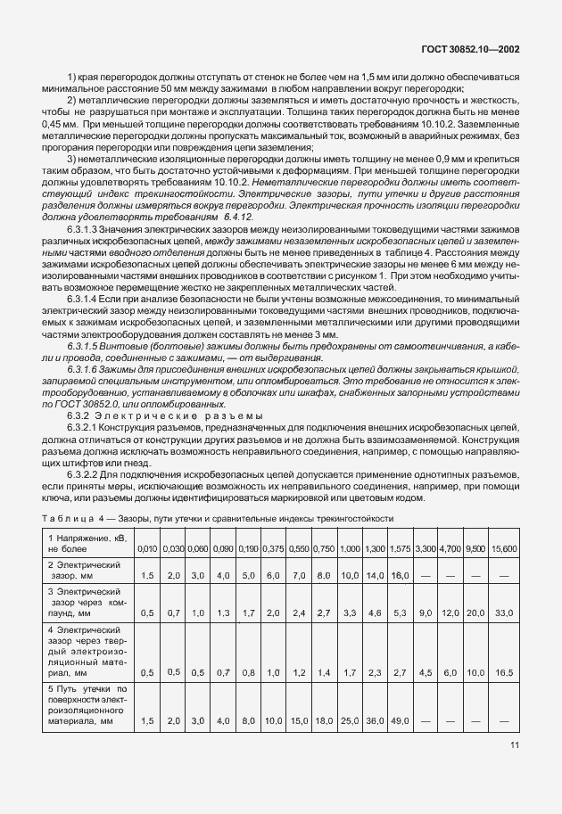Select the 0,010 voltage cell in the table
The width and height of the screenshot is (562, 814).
[x=148, y=546]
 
